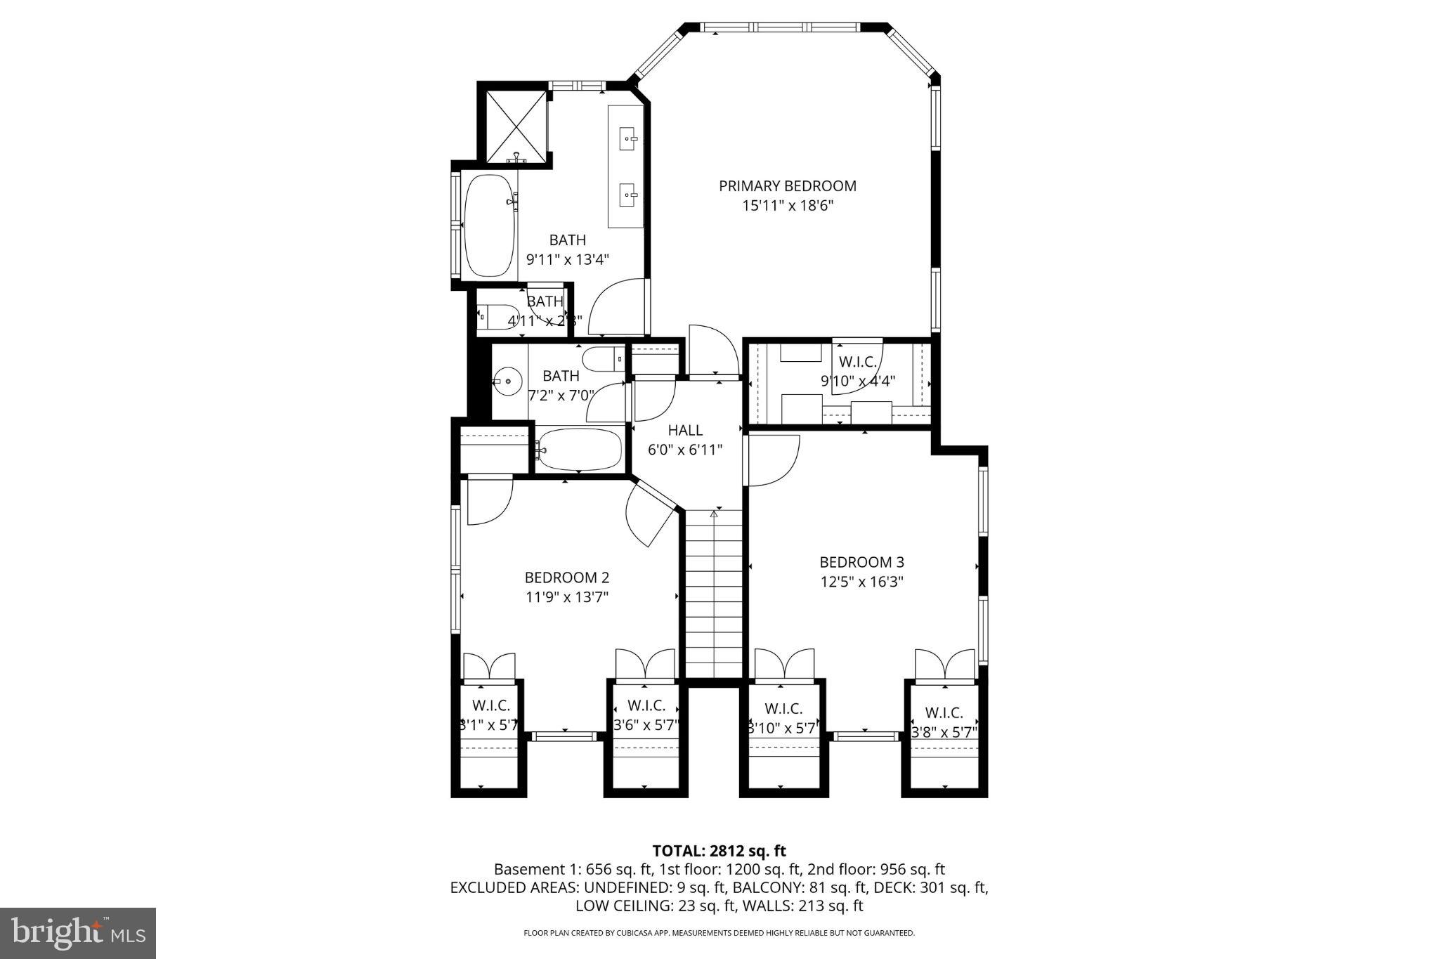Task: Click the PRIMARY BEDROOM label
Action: (x=787, y=186)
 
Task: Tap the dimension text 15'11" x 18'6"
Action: (x=787, y=206)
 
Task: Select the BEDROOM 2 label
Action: (x=566, y=578)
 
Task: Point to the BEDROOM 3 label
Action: (x=861, y=562)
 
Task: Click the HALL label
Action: (x=685, y=430)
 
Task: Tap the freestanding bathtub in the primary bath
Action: (x=489, y=225)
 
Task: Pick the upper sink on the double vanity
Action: (x=627, y=139)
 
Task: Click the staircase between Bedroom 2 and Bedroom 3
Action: (x=713, y=594)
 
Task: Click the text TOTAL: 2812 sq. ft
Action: (x=719, y=852)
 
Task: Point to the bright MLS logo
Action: (x=78, y=933)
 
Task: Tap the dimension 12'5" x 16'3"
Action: (x=861, y=582)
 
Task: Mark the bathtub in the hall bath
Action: (x=580, y=449)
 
